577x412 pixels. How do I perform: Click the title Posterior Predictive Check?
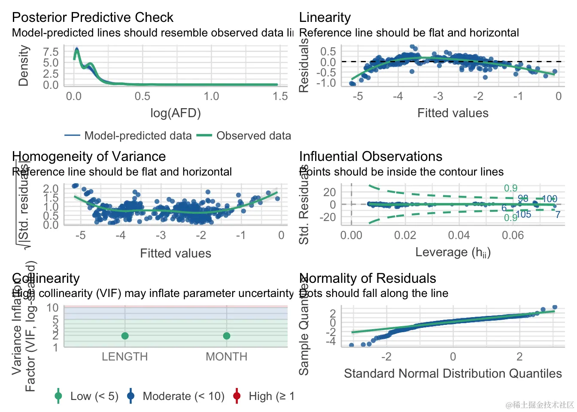click(92, 18)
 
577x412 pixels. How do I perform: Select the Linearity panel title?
click(325, 18)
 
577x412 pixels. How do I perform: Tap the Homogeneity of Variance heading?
click(89, 157)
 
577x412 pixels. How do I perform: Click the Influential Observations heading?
click(370, 157)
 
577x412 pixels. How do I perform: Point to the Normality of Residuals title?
click(367, 279)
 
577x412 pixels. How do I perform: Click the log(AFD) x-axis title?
click(176, 113)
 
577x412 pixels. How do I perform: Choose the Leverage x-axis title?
click(453, 252)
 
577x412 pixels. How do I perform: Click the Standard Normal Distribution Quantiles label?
click(453, 374)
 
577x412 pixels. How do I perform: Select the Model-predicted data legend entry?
click(138, 136)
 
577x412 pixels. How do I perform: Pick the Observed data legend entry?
click(253, 136)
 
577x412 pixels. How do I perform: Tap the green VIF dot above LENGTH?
click(125, 336)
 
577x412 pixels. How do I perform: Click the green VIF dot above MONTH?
click(227, 336)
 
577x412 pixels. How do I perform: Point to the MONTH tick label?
click(227, 357)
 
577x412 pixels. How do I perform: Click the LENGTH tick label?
click(125, 357)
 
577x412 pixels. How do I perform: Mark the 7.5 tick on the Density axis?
click(51, 52)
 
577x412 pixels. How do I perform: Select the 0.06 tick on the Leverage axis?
click(513, 235)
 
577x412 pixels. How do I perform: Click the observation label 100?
click(549, 199)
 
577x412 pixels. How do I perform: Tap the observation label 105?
click(523, 215)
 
